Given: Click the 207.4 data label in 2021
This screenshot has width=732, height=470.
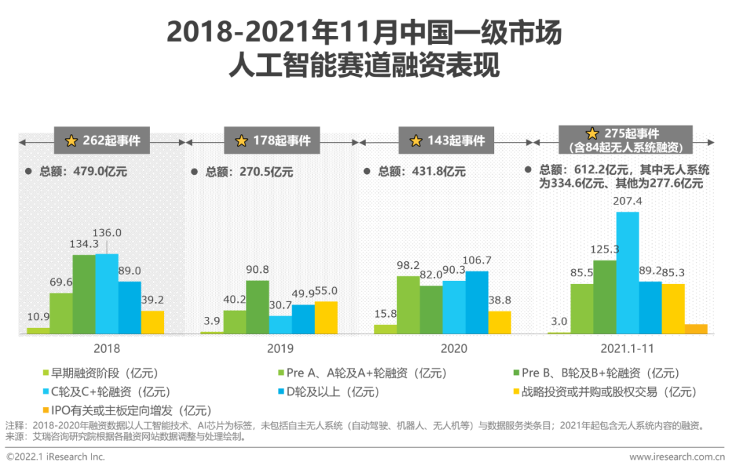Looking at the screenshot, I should tap(627, 202).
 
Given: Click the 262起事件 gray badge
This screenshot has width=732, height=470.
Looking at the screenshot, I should tap(102, 141).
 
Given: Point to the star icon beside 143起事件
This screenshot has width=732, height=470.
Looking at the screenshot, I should tap(416, 141).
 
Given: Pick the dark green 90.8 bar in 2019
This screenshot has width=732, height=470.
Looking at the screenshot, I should tap(257, 307).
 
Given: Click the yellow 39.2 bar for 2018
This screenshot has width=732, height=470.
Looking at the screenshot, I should tap(152, 322).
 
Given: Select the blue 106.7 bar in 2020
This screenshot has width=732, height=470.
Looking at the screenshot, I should tap(476, 302).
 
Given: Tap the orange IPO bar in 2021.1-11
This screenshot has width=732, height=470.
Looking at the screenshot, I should tap(695, 329).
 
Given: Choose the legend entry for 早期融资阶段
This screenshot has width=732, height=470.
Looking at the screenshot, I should tap(100, 373).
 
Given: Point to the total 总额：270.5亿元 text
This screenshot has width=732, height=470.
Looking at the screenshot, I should tap(249, 172).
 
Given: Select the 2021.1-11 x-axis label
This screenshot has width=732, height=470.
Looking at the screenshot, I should tap(627, 349).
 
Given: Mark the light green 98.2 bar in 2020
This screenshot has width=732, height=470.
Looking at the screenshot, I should tap(407, 305).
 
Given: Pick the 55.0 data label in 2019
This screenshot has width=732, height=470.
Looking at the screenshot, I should tap(325, 291).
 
